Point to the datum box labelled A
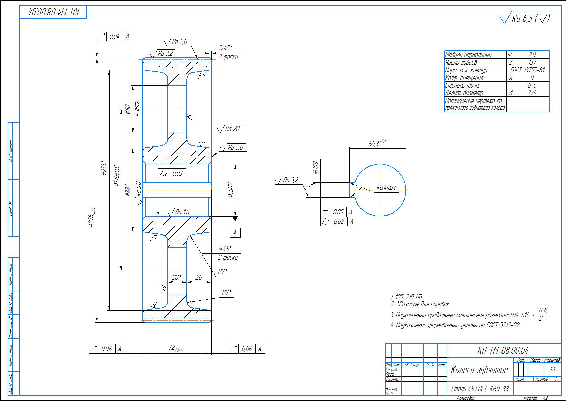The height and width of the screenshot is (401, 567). pos(235,233)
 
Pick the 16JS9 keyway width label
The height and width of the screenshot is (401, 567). pos(315,167)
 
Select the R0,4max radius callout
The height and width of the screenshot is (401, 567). pos(386,188)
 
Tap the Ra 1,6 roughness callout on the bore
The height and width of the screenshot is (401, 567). pos(182,212)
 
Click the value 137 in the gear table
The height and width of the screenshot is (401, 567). pos(532,62)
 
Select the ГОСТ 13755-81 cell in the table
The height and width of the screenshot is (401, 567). pos(527,70)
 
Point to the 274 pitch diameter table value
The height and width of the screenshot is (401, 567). pos(532,93)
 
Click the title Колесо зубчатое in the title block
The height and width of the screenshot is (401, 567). pos(479,370)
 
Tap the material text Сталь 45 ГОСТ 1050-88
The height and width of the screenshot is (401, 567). pos(480,389)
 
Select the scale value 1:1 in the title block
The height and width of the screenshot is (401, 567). pos(553,370)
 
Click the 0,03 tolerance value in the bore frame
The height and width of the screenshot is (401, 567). pos(177,173)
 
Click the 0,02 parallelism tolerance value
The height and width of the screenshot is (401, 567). pos(339,221)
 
